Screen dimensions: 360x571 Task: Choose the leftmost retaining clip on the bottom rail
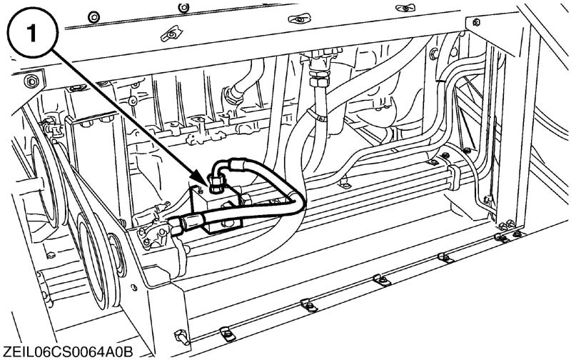pyautogui.click(x=226, y=330)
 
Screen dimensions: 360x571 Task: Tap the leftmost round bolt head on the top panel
pyautogui.click(x=96, y=15)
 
